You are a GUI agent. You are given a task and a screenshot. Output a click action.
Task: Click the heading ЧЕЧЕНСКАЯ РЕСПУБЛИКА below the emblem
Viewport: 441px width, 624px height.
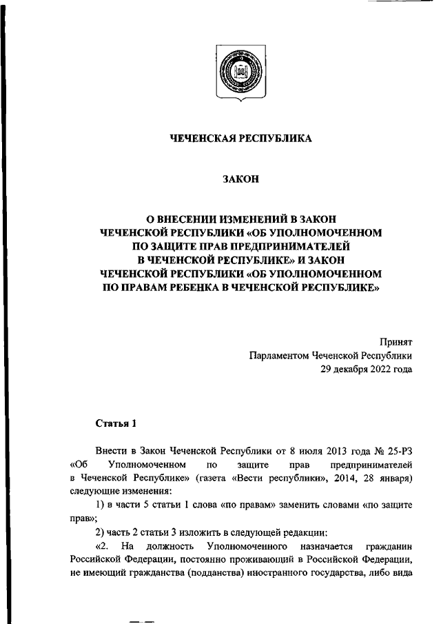point(241,139)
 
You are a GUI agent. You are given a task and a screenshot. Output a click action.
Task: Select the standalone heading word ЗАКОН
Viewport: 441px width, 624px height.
point(240,179)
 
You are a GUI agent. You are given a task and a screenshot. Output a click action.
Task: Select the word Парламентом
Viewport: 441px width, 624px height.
point(279,356)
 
